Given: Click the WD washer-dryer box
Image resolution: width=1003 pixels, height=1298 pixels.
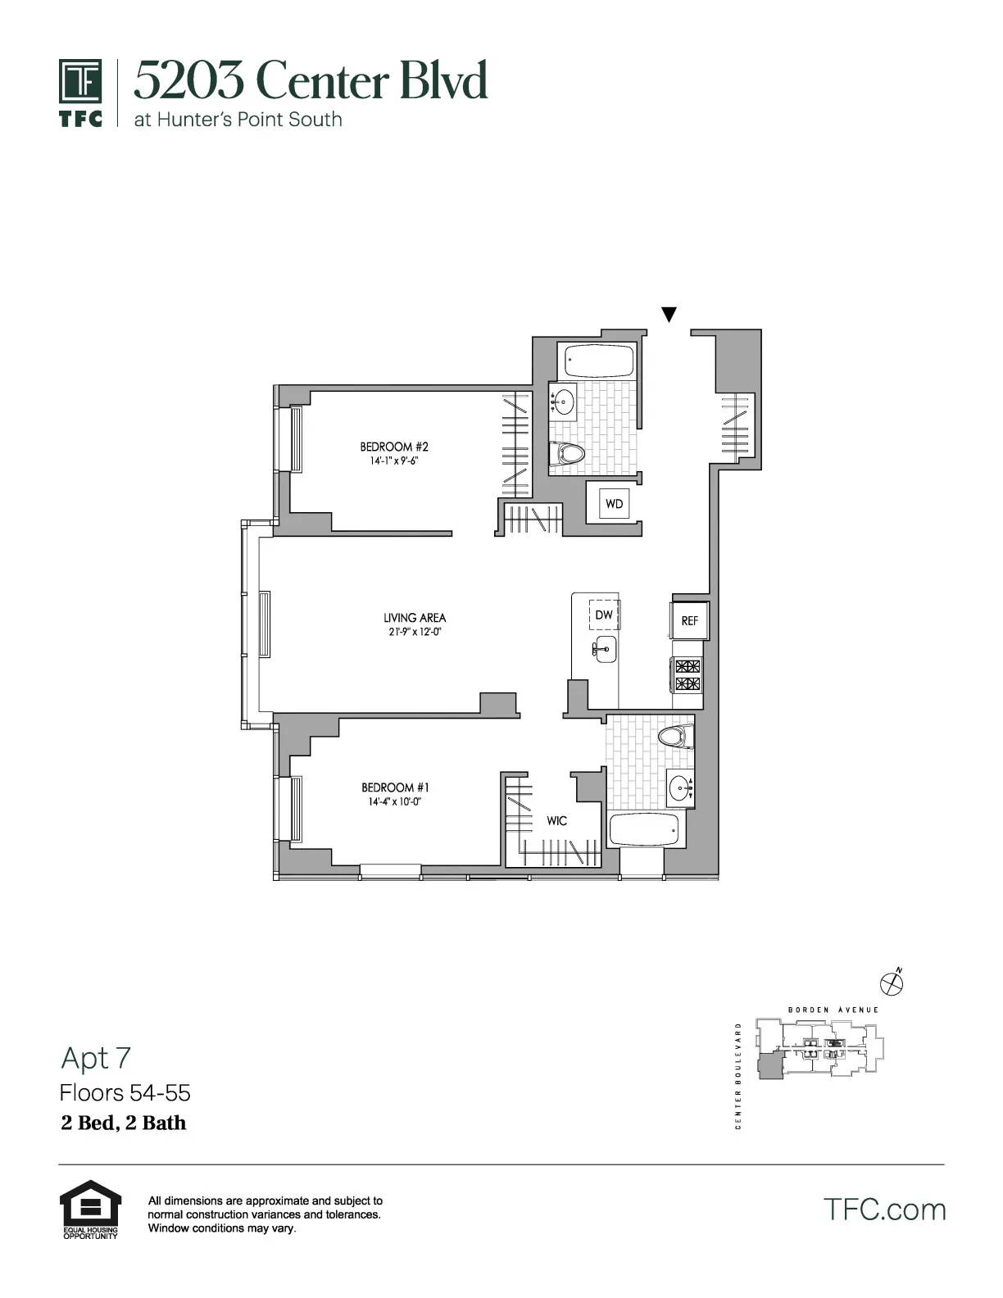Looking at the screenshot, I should coord(614,503).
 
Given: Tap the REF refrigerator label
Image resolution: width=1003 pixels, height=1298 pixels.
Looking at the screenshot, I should coord(690,621).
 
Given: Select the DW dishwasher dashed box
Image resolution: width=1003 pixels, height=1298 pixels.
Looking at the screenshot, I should coord(604,615).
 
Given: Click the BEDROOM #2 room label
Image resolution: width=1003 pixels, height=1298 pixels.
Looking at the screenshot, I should coord(394,447).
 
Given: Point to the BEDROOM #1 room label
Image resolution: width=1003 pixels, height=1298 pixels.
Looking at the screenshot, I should coord(395,787).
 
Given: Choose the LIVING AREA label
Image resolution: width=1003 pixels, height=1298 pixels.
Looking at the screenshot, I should coord(415,618).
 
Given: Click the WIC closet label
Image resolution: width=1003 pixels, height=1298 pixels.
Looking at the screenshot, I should coord(556,820).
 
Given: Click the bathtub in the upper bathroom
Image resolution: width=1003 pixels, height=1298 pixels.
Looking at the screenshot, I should coord(597,361).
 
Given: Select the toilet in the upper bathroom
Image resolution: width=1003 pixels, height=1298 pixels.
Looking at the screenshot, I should coord(569,453).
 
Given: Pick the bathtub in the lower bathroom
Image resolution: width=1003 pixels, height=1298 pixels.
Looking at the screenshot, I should coord(644,830).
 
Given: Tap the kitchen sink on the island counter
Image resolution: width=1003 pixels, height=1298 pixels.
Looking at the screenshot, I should coord(605,649).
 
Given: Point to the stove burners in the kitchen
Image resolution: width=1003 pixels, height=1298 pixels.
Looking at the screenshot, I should coord(688,674).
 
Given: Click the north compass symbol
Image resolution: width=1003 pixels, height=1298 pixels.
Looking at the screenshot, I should coord(892,981).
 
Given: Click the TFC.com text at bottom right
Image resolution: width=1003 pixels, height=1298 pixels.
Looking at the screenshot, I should coord(884,1209).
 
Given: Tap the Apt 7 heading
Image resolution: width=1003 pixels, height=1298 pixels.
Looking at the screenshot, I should coord(96,1058).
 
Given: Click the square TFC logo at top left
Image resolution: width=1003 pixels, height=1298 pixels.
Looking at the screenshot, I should coord(80,82).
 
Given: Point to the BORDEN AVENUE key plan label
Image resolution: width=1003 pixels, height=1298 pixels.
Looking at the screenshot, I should coord(833,1010).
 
